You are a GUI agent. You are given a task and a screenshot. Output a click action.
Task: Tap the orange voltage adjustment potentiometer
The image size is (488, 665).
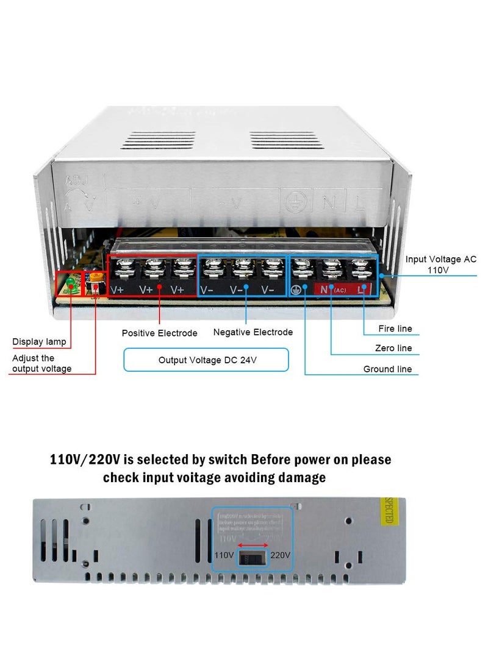tap(96, 278)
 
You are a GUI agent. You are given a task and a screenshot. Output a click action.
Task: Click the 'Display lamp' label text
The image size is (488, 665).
tap(39, 342)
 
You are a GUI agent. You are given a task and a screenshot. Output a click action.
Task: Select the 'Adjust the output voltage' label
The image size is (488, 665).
tap(41, 363)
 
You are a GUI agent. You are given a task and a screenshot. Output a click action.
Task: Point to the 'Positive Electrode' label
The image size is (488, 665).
tap(160, 333)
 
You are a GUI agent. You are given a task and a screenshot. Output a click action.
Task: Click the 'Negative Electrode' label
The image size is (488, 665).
tap(253, 332)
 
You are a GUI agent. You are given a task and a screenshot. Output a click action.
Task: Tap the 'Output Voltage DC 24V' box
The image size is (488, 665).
tap(206, 360)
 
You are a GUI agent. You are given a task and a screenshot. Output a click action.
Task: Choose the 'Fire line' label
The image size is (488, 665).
tap(395, 329)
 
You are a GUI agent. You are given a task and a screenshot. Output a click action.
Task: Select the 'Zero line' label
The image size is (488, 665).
tap(393, 348)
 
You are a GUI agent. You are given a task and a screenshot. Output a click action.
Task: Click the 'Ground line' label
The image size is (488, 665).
tap(387, 369)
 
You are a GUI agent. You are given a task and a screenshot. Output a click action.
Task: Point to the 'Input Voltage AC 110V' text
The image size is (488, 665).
tap(440, 264)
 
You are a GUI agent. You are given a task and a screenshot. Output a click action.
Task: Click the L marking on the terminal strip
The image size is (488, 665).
tap(362, 290)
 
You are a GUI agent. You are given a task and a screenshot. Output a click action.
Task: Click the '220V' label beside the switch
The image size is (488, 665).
tap(280, 555)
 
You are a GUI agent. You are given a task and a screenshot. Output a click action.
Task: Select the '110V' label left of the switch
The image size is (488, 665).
tap(224, 555)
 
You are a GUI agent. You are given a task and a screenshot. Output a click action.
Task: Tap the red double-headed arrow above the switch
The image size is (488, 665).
tap(252, 545)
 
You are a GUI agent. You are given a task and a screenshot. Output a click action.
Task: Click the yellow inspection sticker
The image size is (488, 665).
tap(388, 511)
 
